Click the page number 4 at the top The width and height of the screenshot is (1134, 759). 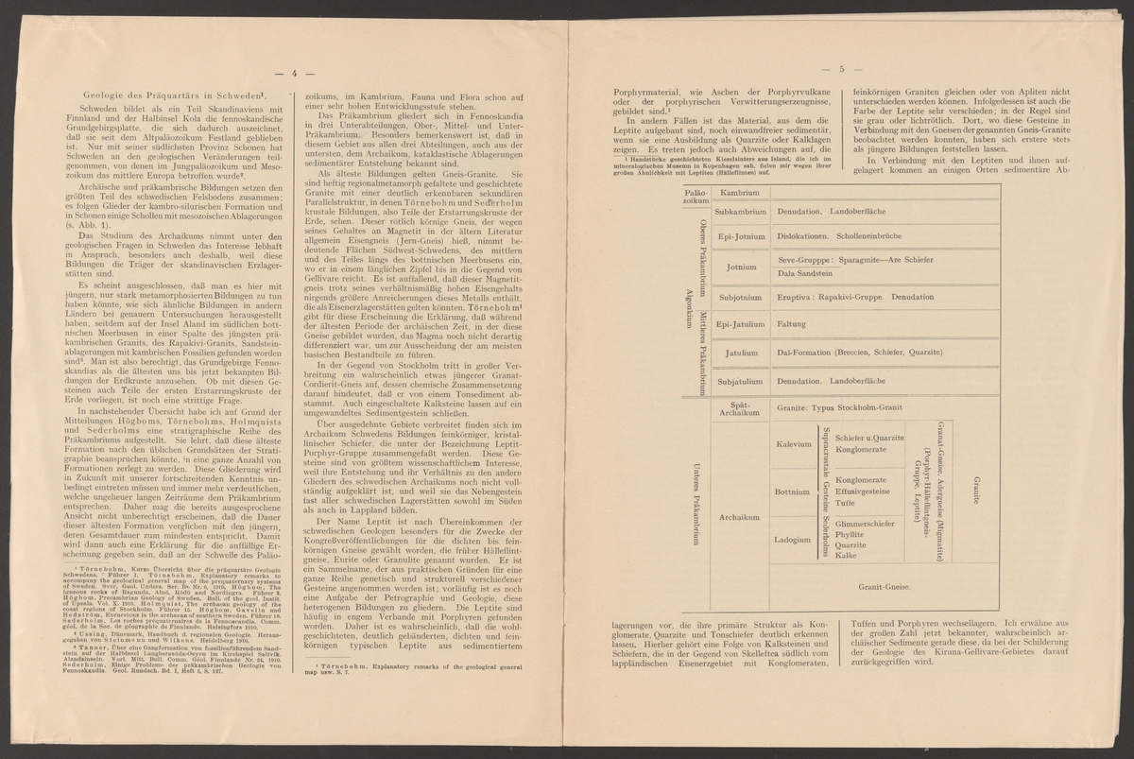pyautogui.click(x=294, y=74)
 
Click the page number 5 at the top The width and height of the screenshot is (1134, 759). pyautogui.click(x=838, y=68)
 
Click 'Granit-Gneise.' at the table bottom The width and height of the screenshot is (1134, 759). pyautogui.click(x=885, y=586)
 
